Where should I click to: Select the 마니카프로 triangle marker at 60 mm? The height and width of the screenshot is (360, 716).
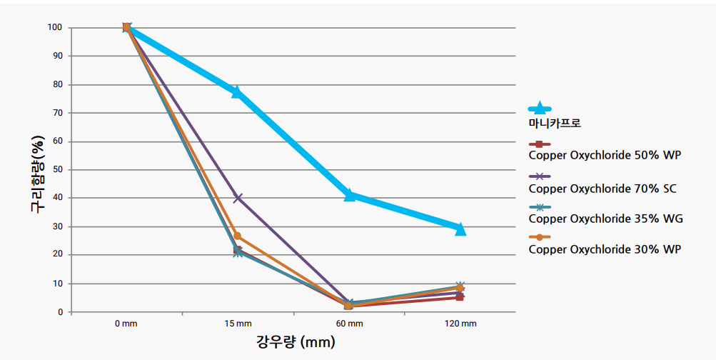point(349,194)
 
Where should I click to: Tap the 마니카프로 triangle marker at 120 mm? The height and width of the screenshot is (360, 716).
point(460,229)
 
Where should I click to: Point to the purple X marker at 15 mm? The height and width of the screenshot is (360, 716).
point(238,198)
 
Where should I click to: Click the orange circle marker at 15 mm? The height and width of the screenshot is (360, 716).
point(238,236)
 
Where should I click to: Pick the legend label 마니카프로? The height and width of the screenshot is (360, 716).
point(555,123)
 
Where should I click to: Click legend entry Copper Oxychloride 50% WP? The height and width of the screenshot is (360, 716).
point(605,154)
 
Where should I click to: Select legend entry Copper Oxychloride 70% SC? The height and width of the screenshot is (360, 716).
point(602,189)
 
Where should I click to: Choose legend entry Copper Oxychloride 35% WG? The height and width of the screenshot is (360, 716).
point(605,219)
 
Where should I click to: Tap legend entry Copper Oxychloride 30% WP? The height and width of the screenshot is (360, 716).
point(605,249)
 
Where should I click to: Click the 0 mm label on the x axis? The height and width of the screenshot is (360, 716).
point(126,324)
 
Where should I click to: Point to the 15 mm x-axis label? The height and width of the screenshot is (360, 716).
point(238,324)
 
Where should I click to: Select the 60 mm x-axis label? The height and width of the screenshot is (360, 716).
point(349,324)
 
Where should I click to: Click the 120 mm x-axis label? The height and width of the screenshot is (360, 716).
point(460,324)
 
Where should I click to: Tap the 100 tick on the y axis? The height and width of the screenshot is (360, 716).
point(56,28)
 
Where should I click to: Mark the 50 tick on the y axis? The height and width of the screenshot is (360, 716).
point(58,170)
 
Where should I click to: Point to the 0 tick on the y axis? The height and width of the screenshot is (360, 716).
point(61,312)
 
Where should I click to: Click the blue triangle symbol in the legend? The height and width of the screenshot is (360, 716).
point(540,109)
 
